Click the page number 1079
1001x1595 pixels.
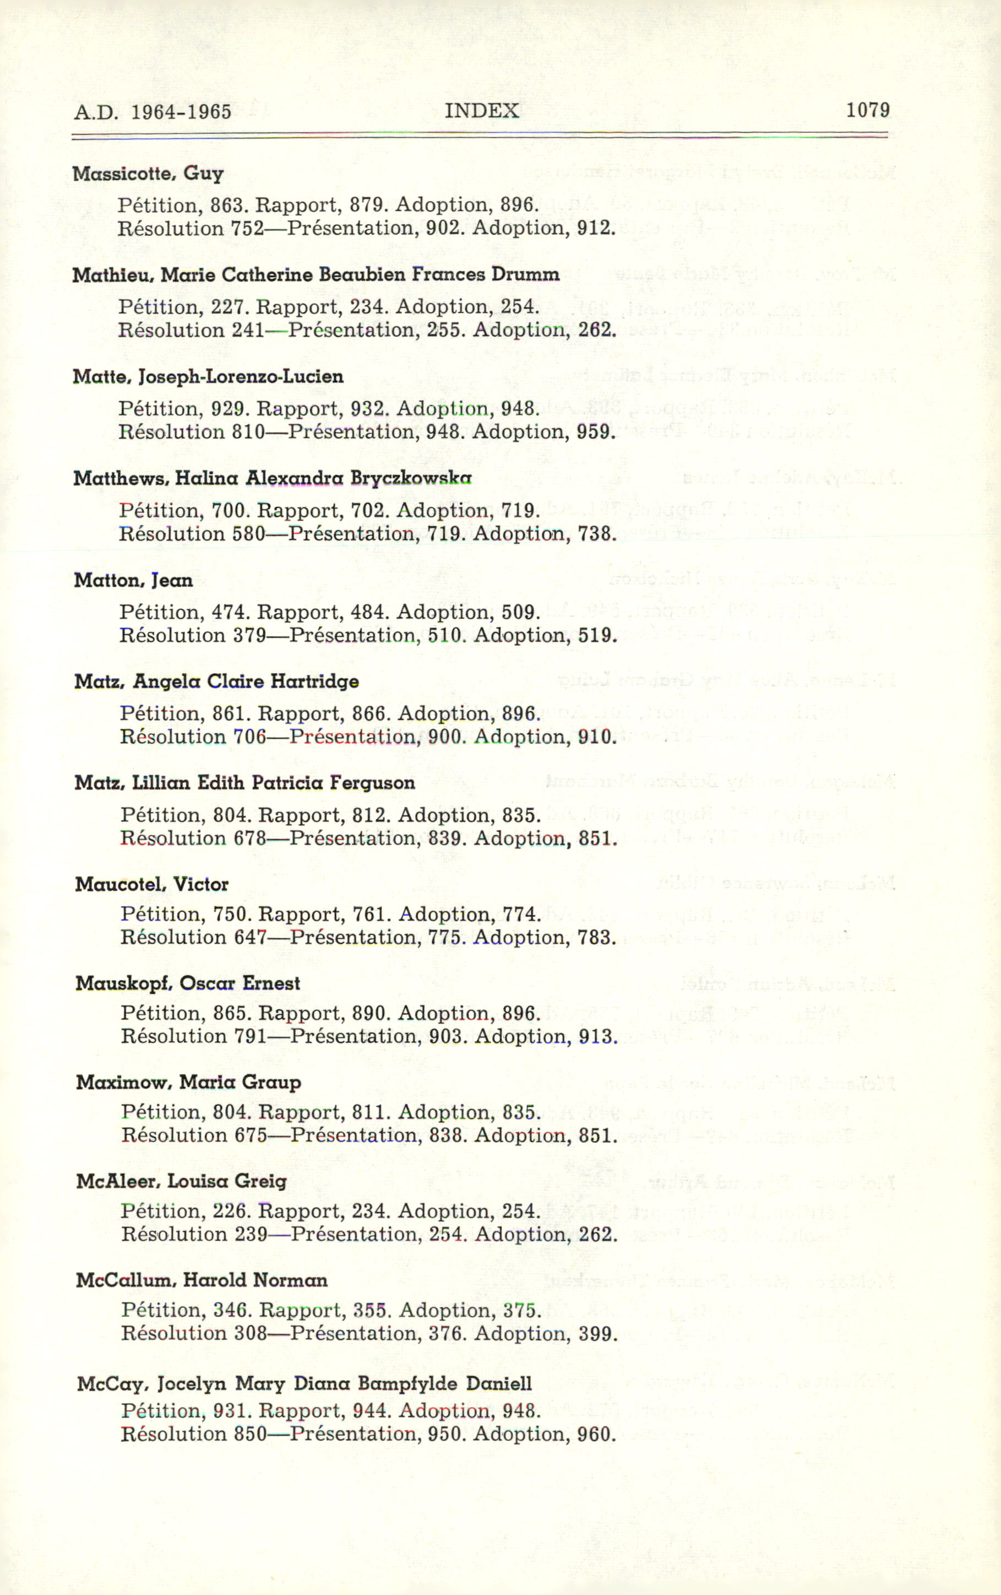point(867,110)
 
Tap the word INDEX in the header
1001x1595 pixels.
point(481,111)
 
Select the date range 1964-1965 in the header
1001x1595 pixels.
point(181,111)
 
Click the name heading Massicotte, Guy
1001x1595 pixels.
point(148,174)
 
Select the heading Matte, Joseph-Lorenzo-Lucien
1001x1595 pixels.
point(208,377)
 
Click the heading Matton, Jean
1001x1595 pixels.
point(133,580)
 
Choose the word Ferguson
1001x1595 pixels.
point(372,783)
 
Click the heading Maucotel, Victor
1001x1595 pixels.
point(151,884)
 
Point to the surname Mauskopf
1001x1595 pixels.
point(124,983)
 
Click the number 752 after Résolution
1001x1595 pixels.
point(247,229)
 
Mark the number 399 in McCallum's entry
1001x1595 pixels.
point(598,1333)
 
